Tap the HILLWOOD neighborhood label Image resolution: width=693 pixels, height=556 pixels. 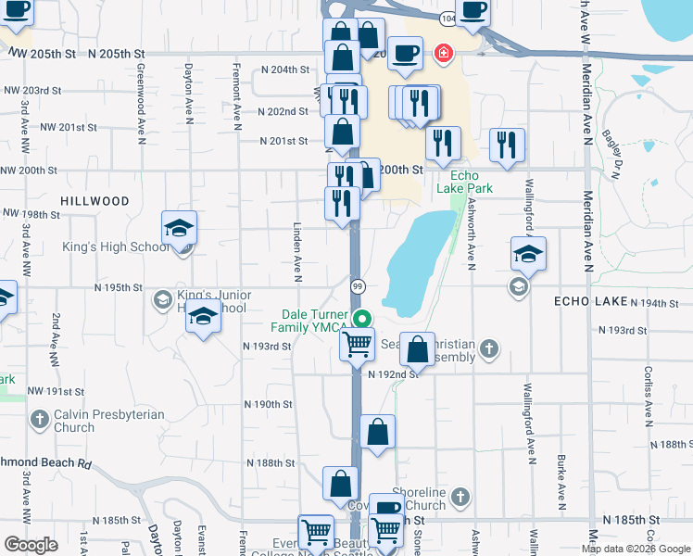click(x=94, y=201)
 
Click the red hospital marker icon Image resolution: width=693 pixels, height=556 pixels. click(x=444, y=54)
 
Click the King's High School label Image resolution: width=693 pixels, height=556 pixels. click(x=116, y=247)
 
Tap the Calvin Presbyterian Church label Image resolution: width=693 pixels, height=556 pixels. click(x=108, y=421)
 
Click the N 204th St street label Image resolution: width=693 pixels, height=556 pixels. click(x=284, y=69)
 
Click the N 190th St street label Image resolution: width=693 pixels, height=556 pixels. click(x=269, y=405)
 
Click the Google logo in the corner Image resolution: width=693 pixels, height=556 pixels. click(x=31, y=545)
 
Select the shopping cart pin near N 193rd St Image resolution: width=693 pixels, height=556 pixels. click(x=357, y=345)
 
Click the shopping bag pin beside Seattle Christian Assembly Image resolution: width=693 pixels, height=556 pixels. click(x=418, y=349)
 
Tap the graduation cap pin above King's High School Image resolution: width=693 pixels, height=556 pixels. click(x=180, y=228)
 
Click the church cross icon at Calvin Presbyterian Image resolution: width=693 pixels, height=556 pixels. click(x=39, y=420)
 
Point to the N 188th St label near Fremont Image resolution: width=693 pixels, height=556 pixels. click(x=269, y=462)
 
